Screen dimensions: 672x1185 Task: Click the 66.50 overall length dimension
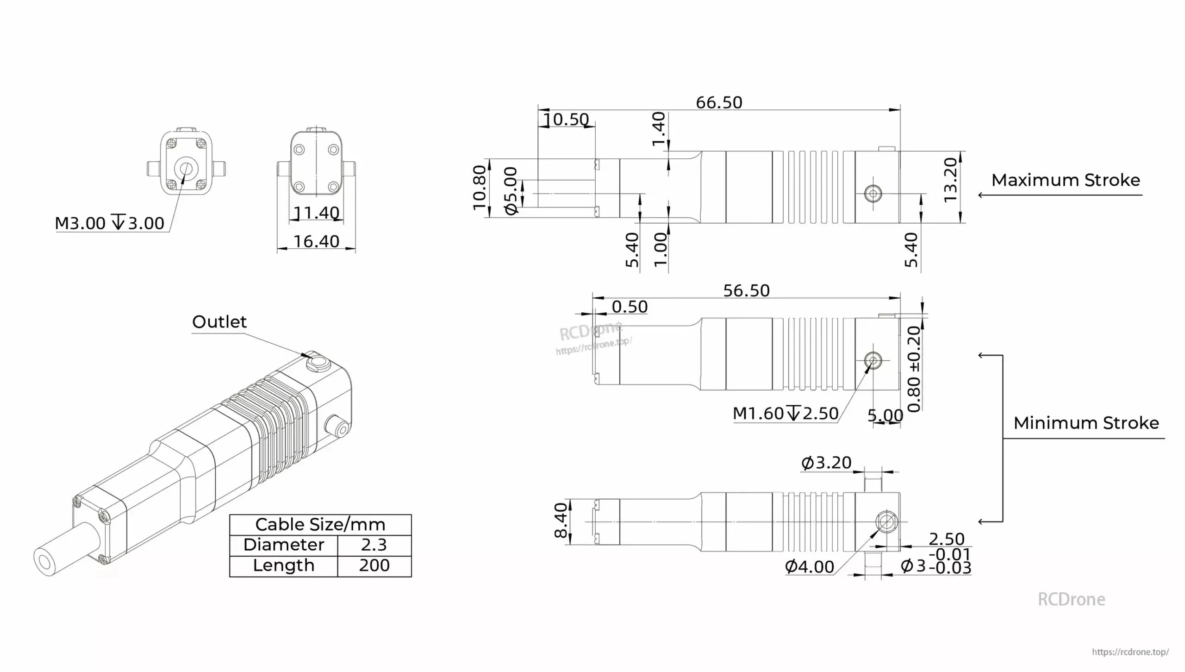(x=719, y=102)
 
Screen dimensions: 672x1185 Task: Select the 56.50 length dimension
(x=746, y=290)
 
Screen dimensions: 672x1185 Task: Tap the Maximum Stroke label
(x=1065, y=180)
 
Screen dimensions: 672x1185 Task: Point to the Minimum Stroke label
(x=1086, y=423)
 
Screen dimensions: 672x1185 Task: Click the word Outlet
(x=219, y=321)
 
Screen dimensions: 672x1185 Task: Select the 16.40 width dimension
(x=316, y=241)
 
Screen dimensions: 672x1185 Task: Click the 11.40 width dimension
(x=317, y=213)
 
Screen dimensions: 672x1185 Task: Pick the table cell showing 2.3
(x=374, y=545)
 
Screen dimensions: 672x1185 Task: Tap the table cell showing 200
(x=374, y=565)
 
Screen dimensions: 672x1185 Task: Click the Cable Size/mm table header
(x=320, y=524)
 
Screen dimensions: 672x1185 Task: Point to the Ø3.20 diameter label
(x=826, y=462)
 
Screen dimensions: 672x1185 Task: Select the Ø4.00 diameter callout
(x=809, y=566)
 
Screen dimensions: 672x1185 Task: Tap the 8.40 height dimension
(x=561, y=520)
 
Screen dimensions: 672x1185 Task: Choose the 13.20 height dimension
(x=950, y=180)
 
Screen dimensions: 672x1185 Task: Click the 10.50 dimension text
(x=566, y=119)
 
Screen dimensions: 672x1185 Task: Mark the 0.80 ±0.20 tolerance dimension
(x=914, y=369)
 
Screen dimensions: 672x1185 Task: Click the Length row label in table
(x=283, y=565)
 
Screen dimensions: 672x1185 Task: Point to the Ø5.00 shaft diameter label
(x=511, y=191)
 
